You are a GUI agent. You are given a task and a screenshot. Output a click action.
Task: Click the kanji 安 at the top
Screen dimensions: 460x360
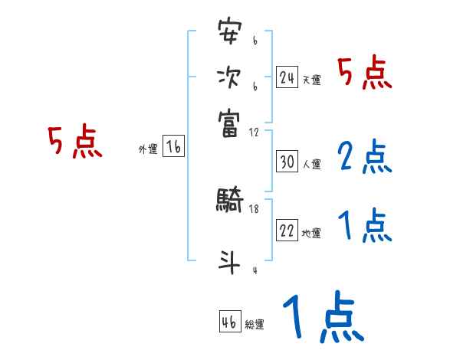(229, 33)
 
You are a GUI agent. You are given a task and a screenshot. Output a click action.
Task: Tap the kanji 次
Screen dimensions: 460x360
(229, 77)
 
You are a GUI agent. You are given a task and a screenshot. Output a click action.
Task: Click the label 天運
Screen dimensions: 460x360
(311, 80)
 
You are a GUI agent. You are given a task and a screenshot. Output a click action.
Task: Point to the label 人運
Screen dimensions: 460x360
(311, 164)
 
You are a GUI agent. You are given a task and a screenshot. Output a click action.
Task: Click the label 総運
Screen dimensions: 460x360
(255, 324)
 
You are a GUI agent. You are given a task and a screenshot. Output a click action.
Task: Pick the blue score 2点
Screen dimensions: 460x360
(364, 158)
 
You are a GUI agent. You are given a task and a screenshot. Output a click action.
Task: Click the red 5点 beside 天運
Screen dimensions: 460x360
(364, 74)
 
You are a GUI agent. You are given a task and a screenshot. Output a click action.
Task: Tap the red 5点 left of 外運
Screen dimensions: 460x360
(75, 143)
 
